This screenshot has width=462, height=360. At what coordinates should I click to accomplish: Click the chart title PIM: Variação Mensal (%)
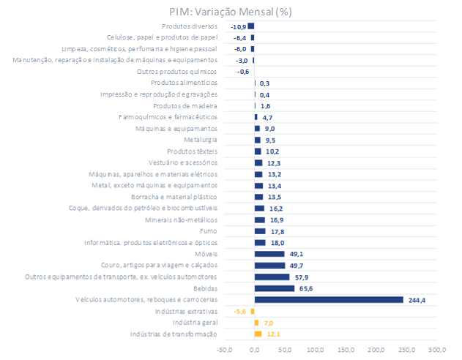[230, 12]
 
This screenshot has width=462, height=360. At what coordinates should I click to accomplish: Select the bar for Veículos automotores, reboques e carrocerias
[329, 299]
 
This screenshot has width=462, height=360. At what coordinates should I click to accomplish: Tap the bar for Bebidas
[275, 288]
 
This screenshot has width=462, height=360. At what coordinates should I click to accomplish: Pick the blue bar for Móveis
[269, 254]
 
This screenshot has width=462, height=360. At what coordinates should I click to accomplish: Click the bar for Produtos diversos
[251, 26]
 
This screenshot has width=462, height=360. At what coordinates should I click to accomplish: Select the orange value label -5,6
[239, 311]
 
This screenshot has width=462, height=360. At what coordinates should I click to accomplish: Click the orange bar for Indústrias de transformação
[258, 334]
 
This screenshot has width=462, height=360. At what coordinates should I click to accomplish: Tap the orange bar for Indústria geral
[256, 323]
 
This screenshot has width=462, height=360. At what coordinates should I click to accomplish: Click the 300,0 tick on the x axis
[437, 350]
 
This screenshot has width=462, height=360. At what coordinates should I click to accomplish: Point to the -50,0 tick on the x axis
[224, 350]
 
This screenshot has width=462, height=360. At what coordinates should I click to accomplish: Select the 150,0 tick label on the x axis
[346, 350]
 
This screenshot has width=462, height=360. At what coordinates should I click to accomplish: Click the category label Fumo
[208, 231]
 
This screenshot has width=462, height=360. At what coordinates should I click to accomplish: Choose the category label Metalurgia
[201, 140]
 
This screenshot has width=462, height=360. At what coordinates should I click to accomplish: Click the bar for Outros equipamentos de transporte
[272, 277]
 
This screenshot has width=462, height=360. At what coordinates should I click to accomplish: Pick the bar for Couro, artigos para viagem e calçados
[269, 266]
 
